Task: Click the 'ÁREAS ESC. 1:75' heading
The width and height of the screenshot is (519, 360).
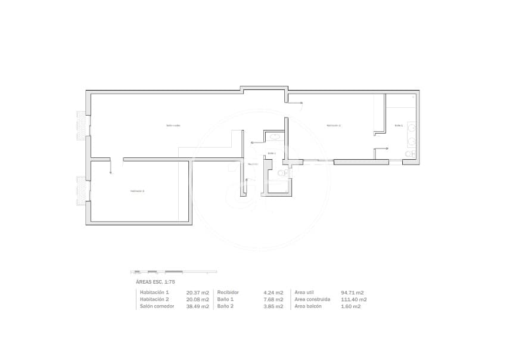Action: (x=156, y=281)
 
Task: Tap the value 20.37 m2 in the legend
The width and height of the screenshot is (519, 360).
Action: (x=197, y=293)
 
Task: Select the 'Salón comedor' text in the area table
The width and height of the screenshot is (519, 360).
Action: (x=157, y=306)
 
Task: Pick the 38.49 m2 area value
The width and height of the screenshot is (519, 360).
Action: (x=197, y=306)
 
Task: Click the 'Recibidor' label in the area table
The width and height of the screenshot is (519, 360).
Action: (x=228, y=293)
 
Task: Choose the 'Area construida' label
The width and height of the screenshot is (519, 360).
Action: (x=312, y=300)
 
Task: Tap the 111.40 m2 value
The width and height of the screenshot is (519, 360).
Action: (x=355, y=300)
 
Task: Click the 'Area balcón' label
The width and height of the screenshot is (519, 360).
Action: (x=308, y=306)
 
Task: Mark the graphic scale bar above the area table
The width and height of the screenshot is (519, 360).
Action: (x=173, y=272)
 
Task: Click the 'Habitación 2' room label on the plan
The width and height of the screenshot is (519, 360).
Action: (x=138, y=191)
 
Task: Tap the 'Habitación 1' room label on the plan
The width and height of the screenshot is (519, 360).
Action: (x=333, y=126)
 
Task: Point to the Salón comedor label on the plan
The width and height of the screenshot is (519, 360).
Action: (x=173, y=126)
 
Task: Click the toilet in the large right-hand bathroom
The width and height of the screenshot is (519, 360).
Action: (x=409, y=154)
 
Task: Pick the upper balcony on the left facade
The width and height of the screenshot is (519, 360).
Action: (x=80, y=125)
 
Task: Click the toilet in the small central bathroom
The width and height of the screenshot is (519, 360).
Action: (x=282, y=173)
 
